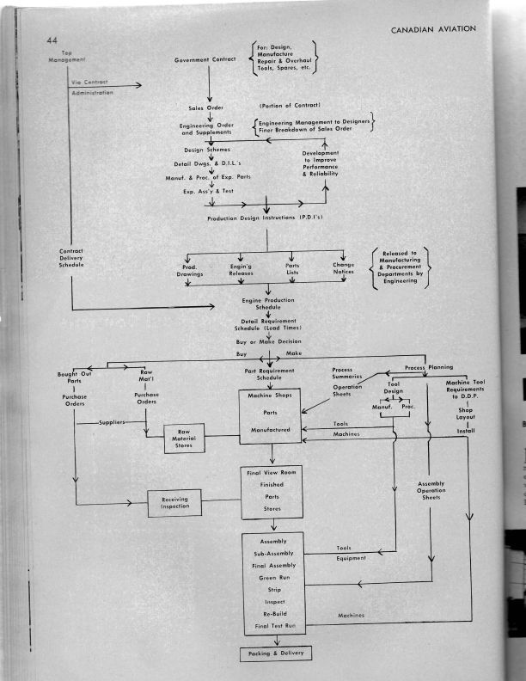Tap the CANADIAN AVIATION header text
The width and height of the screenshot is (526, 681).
pyautogui.click(x=433, y=29)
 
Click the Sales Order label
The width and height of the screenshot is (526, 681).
pyautogui.click(x=208, y=108)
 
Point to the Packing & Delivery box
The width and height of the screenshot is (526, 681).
pyautogui.click(x=274, y=653)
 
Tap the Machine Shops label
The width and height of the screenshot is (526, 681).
pyautogui.click(x=273, y=396)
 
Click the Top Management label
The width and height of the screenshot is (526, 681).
pyautogui.click(x=68, y=56)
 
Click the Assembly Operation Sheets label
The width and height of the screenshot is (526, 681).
pyautogui.click(x=431, y=491)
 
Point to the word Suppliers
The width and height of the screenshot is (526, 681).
pyautogui.click(x=113, y=423)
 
